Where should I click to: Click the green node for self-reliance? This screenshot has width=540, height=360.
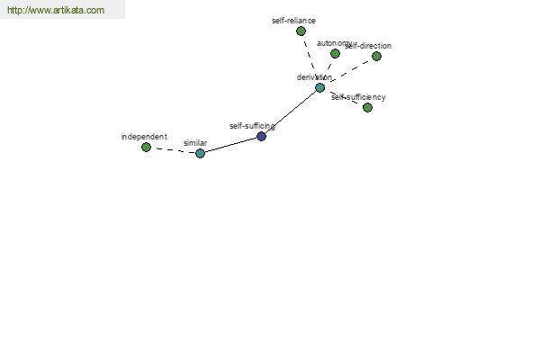[x=301, y=31]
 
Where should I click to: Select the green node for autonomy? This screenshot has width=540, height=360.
[x=335, y=53]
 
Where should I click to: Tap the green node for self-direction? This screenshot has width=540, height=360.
[x=376, y=56]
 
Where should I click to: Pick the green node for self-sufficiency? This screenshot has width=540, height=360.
[x=367, y=107]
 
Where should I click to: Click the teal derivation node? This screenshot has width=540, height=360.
[x=319, y=88]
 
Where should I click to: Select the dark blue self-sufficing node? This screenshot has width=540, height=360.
[x=261, y=137]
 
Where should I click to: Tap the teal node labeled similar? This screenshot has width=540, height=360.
[x=200, y=153]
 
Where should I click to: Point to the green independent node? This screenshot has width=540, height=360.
[x=146, y=147]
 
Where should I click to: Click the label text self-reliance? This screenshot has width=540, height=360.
[x=293, y=21]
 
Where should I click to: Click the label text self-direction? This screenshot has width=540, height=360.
[x=368, y=46]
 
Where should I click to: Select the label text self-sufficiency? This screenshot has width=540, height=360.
[x=358, y=97]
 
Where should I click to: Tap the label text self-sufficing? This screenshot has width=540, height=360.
[x=252, y=126]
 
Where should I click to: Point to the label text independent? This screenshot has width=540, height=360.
[x=144, y=137]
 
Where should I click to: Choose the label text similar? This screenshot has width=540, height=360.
[x=195, y=143]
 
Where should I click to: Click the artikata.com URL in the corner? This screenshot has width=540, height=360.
[x=56, y=10]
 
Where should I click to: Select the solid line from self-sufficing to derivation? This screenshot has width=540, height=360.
[x=291, y=112]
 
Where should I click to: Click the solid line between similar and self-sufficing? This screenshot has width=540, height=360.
[x=230, y=145]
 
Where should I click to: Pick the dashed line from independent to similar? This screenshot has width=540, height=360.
[x=173, y=150]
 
